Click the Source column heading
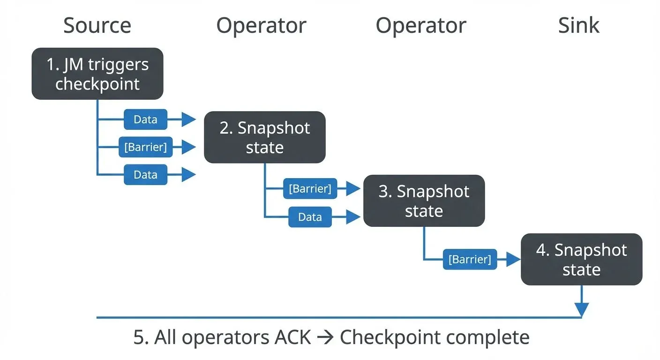[97, 25]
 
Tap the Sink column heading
[578, 25]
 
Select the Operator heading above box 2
[261, 25]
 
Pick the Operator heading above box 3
[420, 25]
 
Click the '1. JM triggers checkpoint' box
[97, 74]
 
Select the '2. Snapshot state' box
[264, 137]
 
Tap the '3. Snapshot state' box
[424, 201]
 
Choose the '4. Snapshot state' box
[581, 259]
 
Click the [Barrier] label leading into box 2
[145, 147]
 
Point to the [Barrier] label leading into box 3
[310, 189]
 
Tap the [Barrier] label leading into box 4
[470, 259]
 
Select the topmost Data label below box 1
[145, 120]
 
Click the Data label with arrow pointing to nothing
[145, 175]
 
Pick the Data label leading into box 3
[310, 217]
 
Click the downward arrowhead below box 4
[581, 310]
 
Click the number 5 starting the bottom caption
[139, 337]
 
